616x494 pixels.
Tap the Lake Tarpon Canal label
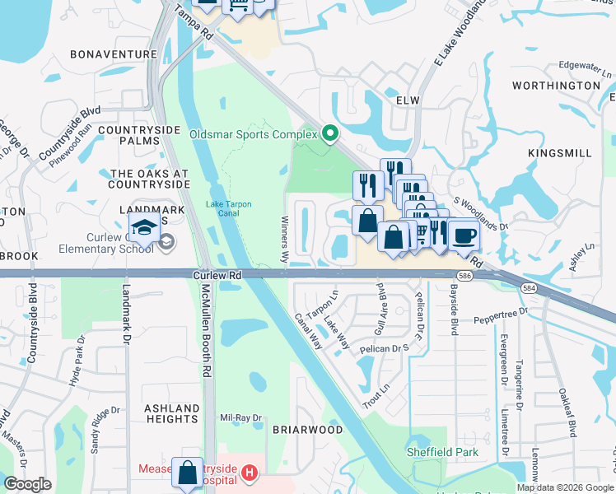click(x=228, y=209)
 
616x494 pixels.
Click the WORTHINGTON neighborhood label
click(x=556, y=86)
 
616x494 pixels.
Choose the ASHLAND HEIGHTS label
click(x=172, y=413)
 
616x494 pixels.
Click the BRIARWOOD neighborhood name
click(x=307, y=430)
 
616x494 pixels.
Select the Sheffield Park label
click(x=441, y=452)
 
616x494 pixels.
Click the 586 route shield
click(x=464, y=275)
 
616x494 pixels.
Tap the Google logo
click(x=27, y=484)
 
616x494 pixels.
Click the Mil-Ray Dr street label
click(x=240, y=417)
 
